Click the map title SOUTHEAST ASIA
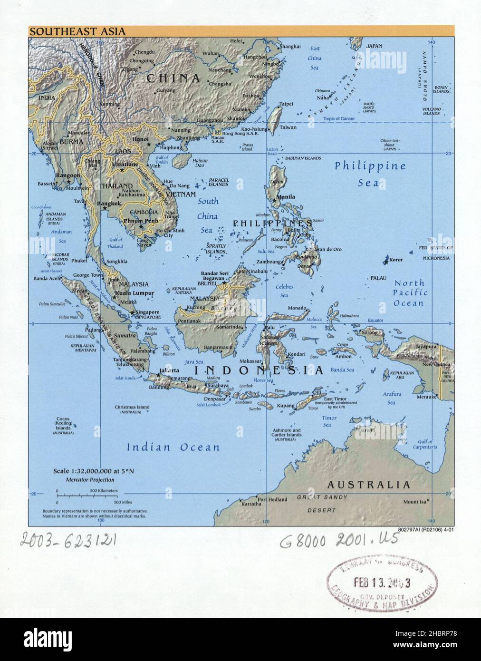pos(77,32)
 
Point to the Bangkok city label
pos(109,204)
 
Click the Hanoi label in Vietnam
pos(140,139)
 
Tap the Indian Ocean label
pos(173,447)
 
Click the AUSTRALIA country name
pos(368,485)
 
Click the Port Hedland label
pos(272,499)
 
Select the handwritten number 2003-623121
pos(68,540)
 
